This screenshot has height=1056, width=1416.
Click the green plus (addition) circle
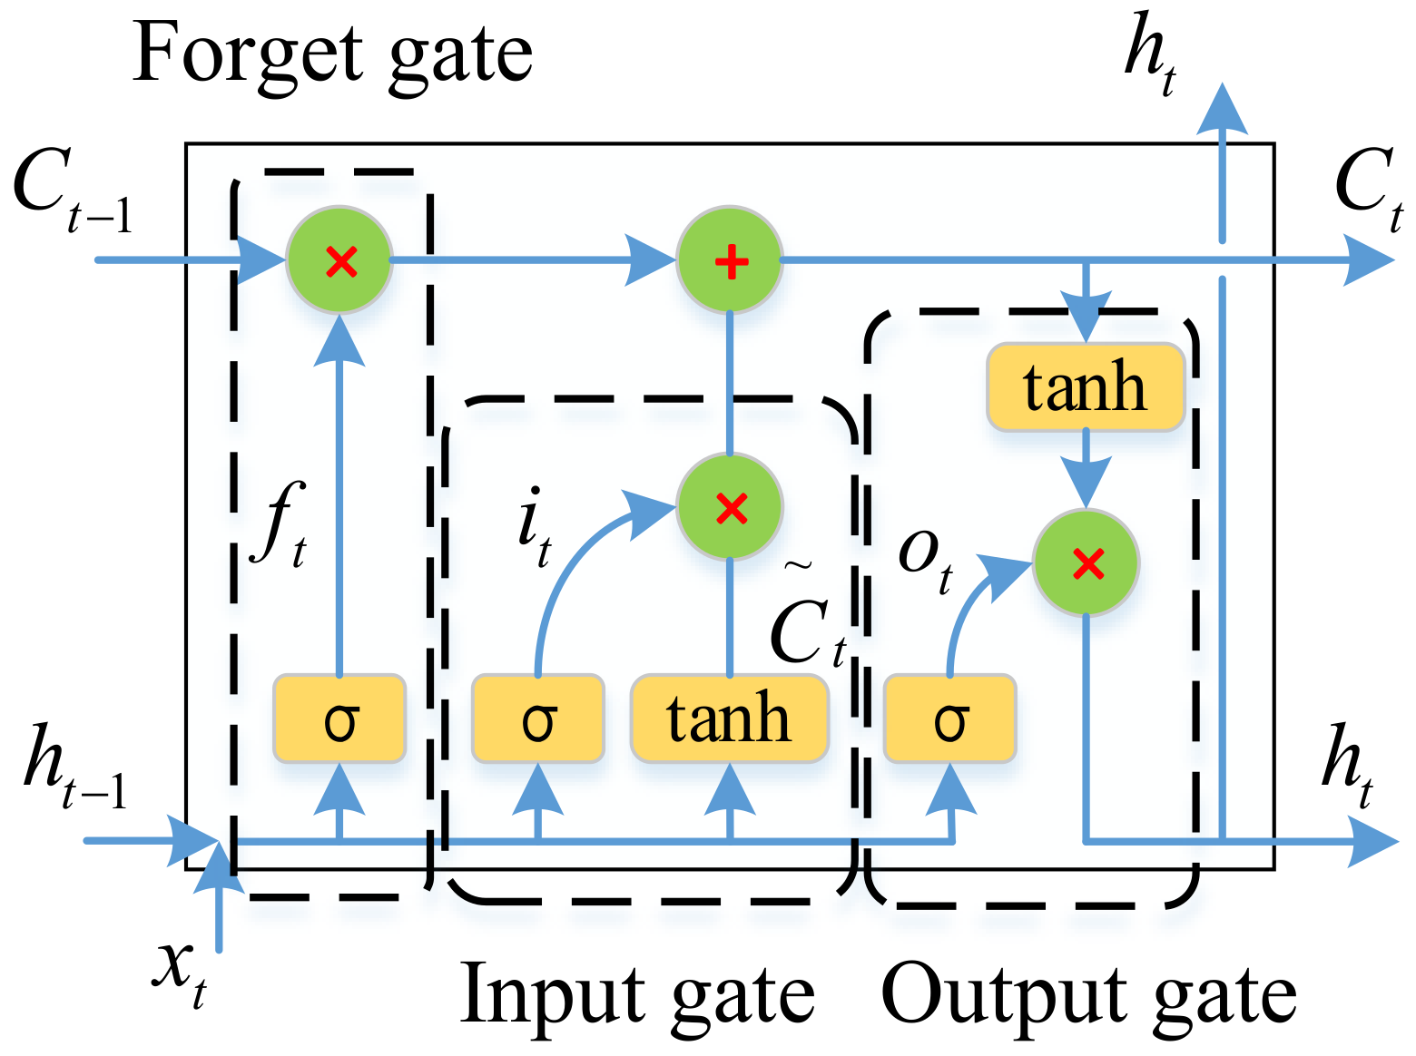[730, 261]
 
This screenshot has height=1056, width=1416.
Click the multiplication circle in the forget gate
[339, 261]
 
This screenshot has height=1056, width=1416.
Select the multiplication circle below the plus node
[730, 507]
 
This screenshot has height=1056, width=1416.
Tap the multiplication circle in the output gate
[1087, 563]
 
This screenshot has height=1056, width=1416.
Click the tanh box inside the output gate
[1086, 386]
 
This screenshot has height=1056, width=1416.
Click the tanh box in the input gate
[730, 719]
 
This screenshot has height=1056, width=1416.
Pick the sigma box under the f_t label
[339, 719]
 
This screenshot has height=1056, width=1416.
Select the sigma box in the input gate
[537, 719]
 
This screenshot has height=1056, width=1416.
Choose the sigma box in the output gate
[950, 719]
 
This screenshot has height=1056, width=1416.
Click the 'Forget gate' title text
[332, 54]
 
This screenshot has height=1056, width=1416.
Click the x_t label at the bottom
[180, 973]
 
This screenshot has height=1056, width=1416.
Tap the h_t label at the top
[1151, 53]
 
